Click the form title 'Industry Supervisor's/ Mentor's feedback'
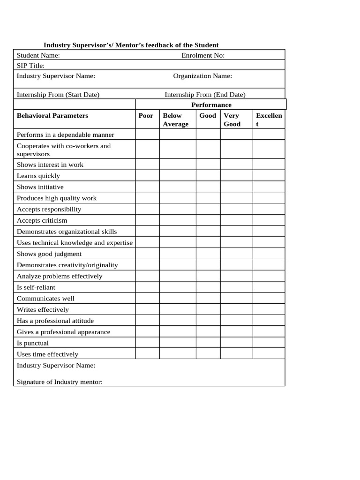pos(131,45)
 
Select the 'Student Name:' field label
pos(38,55)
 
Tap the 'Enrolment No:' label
pos(203,55)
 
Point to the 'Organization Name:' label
pos(202,76)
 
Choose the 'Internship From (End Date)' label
pos(205,94)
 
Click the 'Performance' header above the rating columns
pos(211,105)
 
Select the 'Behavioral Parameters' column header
pos(52,115)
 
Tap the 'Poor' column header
pos(146,115)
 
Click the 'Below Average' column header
pos(175,120)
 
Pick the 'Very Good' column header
pos(232,120)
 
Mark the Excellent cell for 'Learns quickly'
pos(269,176)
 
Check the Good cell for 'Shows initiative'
pos(208,187)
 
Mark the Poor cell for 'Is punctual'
pos(147,343)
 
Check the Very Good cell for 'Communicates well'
pos(237,298)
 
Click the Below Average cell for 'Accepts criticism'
pos(178,220)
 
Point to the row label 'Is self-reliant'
pos(36,287)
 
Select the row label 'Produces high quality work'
pos(57,198)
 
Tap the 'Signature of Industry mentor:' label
pos(60,382)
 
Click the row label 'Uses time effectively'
pos(47,354)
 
